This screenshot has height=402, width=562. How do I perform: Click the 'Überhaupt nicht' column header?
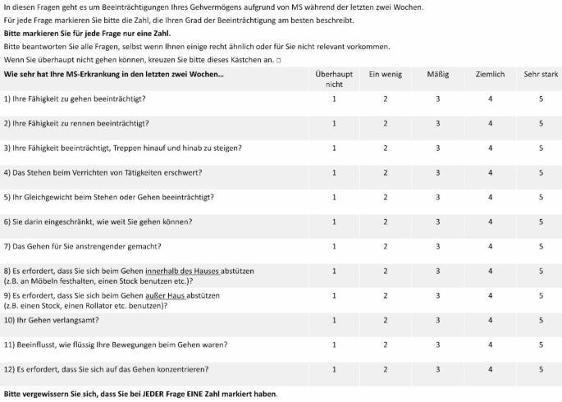click(334, 79)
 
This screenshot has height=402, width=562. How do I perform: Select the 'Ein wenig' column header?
click(386, 75)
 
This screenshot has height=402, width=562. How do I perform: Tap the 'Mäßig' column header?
click(438, 75)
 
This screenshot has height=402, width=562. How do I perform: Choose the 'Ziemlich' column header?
click(490, 75)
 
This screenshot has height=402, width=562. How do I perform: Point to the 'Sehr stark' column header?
click(541, 75)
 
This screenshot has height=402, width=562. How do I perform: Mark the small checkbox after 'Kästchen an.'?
click(279, 60)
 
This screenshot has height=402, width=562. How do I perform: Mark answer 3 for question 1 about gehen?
click(438, 99)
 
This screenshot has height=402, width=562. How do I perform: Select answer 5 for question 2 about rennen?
click(541, 124)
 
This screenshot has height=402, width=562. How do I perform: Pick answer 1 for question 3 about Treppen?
click(334, 148)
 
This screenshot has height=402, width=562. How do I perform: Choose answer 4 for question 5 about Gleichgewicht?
click(490, 198)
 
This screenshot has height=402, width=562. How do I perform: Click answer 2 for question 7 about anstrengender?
click(386, 246)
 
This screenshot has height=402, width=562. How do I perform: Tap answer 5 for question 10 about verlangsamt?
click(541, 320)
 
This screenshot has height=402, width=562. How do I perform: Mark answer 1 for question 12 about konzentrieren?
click(334, 369)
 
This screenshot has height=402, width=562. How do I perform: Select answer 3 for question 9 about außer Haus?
click(438, 295)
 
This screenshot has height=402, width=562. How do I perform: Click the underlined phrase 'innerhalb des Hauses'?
click(182, 271)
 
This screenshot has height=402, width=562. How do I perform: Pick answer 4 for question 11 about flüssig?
click(490, 345)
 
